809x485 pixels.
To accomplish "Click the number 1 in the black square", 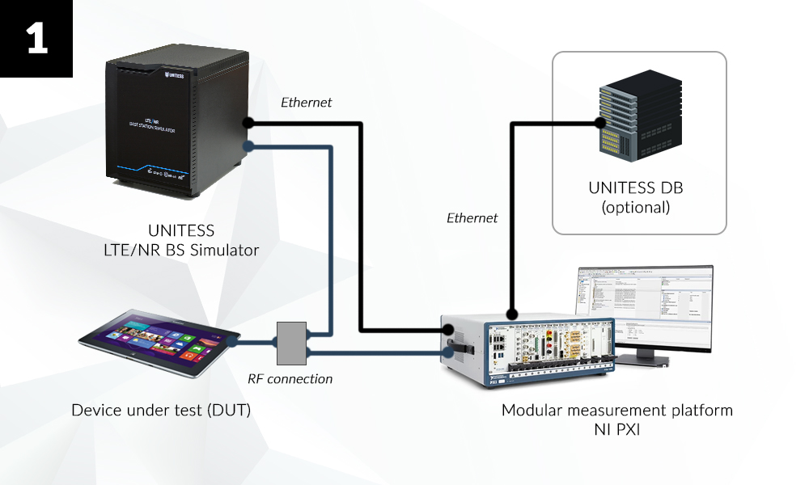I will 36,37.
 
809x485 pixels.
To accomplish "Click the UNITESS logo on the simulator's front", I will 174,76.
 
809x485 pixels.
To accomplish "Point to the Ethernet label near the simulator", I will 306,103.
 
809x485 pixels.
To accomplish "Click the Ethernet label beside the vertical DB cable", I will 472,217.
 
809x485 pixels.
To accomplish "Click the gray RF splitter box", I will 291,343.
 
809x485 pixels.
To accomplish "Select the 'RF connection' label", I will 290,378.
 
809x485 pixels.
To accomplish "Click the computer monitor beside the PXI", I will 644,311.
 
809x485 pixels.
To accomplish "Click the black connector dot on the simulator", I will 248,124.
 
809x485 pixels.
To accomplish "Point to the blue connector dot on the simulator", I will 248,146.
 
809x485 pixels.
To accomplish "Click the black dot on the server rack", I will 600,124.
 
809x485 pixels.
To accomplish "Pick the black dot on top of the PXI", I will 511,314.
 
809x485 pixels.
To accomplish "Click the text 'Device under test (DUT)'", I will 161,411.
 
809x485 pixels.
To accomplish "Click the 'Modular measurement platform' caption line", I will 616,410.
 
